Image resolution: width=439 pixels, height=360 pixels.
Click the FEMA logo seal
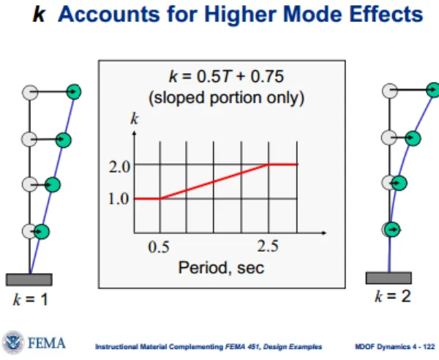pos(13,342)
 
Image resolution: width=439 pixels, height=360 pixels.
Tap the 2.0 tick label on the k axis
pos(119,167)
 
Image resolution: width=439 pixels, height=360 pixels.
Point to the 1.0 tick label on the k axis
pos(119,199)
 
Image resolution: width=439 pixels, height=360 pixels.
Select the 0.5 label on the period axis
pos(159,247)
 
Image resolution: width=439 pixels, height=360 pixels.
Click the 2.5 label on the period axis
pos(268,247)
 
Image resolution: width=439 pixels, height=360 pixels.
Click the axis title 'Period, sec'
pos(221,268)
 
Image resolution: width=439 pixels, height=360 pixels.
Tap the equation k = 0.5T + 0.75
pos(226,76)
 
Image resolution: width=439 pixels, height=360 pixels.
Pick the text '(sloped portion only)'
pos(226,98)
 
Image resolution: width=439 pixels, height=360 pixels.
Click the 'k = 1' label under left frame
pos(31,299)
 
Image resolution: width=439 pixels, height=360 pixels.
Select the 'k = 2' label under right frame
pos(393,296)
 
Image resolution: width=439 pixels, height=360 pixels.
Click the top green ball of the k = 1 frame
pos(74,91)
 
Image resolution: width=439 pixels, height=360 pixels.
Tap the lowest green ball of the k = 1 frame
pos(42,231)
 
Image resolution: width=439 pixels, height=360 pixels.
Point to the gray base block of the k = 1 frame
pos(29,280)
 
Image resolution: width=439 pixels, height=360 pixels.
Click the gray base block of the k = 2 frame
pos(389,278)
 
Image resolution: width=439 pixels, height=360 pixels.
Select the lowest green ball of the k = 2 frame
pos(392,230)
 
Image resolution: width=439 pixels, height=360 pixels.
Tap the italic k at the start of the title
pos(39,14)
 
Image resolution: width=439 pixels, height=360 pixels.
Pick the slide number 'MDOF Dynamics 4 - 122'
pos(395,347)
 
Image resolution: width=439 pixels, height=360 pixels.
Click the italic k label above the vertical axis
pos(135,119)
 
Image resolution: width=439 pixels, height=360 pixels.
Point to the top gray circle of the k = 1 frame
pos(30,93)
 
